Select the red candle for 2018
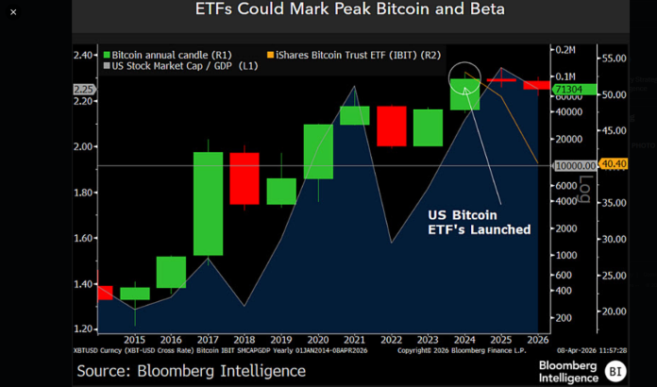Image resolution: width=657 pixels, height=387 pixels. pyautogui.click(x=244, y=178)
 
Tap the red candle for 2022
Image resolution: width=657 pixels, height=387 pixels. pyautogui.click(x=390, y=126)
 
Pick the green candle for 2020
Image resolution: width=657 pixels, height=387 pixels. pyautogui.click(x=317, y=151)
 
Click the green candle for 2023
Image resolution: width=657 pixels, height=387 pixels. pyautogui.click(x=428, y=127)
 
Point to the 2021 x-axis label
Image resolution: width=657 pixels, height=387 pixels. pyautogui.click(x=354, y=339)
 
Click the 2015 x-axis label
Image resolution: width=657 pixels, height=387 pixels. pyautogui.click(x=134, y=339)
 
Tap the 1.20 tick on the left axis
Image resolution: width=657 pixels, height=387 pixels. pyautogui.click(x=84, y=328)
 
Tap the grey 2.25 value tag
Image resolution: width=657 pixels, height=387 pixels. pyautogui.click(x=84, y=90)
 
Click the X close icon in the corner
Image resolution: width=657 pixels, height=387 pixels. pyautogui.click(x=13, y=11)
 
